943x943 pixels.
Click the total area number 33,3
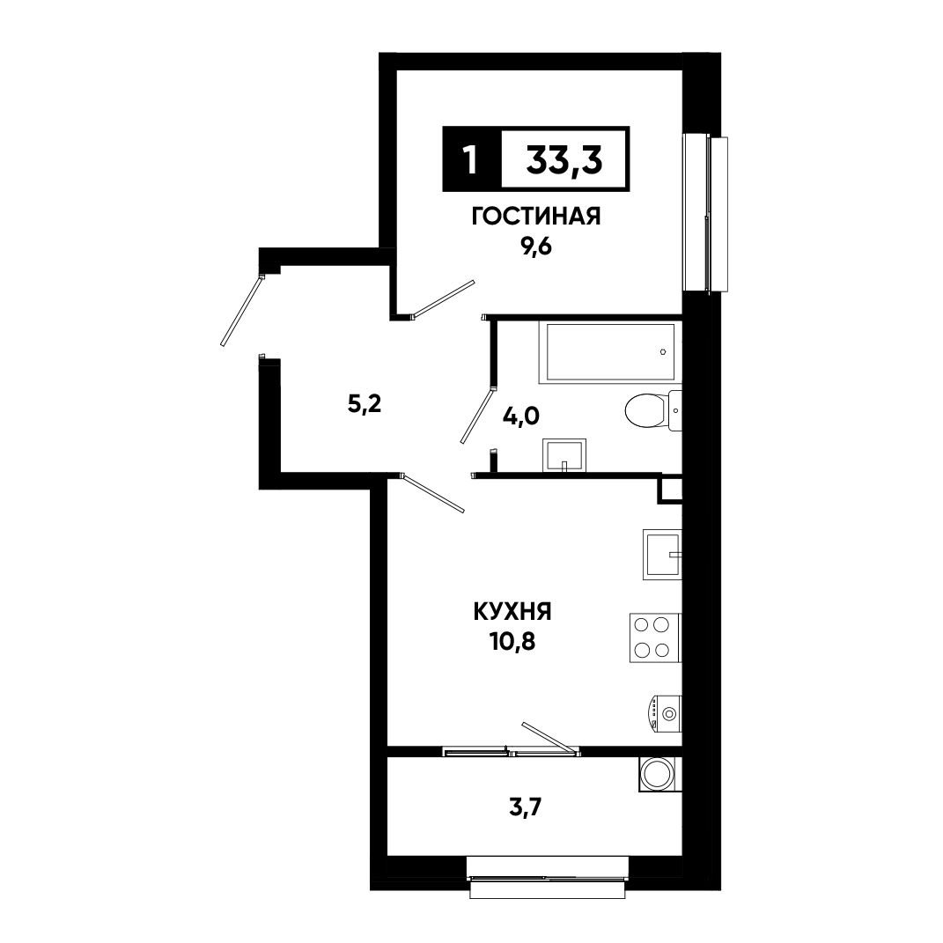coord(564,160)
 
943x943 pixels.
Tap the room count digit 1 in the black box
coord(471,160)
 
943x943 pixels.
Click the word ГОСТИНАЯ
coord(536,217)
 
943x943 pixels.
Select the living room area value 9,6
coord(536,247)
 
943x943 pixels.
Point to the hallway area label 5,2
coord(365,405)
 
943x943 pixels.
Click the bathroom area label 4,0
coord(522,415)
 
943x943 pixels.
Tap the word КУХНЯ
coord(512,612)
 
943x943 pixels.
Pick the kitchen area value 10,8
coord(512,642)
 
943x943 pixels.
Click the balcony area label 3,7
coord(526,807)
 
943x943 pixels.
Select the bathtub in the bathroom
coord(610,352)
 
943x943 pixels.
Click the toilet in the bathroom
coord(653,411)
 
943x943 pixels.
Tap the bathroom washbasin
coord(564,454)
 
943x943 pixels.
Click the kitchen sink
coord(662,555)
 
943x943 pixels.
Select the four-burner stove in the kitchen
coord(656,637)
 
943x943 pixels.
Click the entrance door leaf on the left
coord(242,310)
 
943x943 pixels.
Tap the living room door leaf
coord(443,298)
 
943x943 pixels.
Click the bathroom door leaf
coord(477,416)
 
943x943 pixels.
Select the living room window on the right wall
coord(706,215)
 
